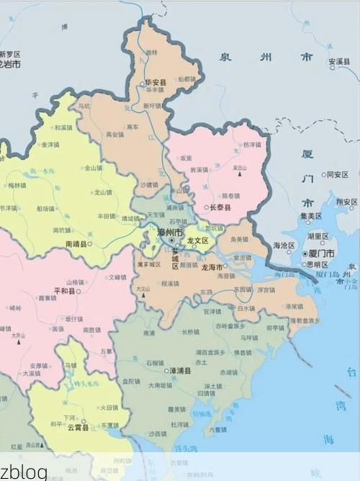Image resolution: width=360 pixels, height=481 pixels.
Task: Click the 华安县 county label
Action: click(156, 83)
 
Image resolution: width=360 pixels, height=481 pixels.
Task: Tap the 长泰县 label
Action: click(220, 207)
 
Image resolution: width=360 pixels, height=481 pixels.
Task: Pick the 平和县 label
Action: click(66, 291)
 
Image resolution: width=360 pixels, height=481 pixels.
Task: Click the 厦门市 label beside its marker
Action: click(321, 254)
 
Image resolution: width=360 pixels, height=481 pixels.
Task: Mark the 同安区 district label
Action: click(338, 174)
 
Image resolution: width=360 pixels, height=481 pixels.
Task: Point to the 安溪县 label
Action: click(339, 62)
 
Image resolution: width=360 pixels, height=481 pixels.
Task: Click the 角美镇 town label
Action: click(238, 240)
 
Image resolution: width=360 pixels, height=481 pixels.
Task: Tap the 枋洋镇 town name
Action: click(253, 145)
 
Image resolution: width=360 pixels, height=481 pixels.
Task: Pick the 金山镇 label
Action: click(94, 168)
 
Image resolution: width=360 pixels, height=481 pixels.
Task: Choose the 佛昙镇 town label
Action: click(240, 353)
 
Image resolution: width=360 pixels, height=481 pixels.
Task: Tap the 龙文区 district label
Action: click(197, 240)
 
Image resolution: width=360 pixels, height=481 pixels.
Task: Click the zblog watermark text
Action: click(24, 472)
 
